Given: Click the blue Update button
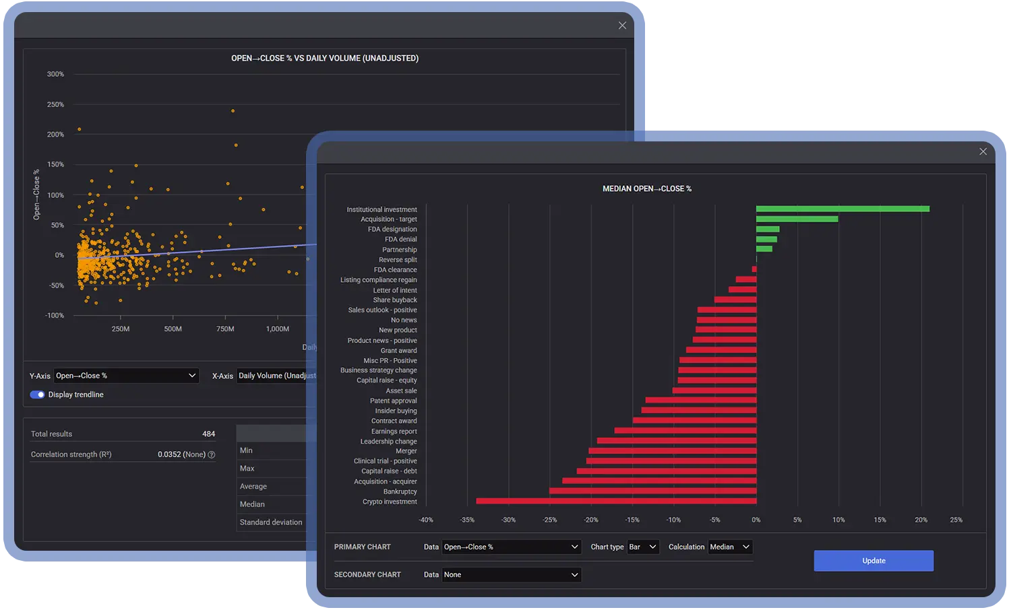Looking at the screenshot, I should (x=874, y=561).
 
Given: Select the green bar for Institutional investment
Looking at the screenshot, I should (x=842, y=209).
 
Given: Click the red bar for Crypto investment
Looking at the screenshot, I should (x=616, y=501).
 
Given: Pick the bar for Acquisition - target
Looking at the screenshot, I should (x=797, y=219).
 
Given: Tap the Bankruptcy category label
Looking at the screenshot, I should (x=400, y=491).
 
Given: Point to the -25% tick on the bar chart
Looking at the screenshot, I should (x=550, y=520).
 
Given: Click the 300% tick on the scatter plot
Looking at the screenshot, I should (x=55, y=74).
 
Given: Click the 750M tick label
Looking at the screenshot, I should (x=225, y=329).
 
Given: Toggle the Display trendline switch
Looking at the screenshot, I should (x=37, y=395).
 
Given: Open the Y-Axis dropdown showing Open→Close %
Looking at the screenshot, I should (x=126, y=376).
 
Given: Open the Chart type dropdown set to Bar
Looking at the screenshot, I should (x=643, y=547).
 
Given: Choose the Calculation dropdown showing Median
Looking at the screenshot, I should (x=730, y=547).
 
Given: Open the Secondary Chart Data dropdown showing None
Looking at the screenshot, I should (x=512, y=575).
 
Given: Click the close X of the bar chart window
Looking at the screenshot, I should (x=983, y=151).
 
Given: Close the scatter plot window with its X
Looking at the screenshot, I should (x=622, y=26).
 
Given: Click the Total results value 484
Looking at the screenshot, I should (x=208, y=434).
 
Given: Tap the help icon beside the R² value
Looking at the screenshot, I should (x=212, y=455).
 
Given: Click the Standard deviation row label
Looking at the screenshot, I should (x=271, y=522).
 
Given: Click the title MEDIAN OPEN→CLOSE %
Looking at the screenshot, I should (x=647, y=189).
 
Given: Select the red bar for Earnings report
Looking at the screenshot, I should (x=685, y=431).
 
